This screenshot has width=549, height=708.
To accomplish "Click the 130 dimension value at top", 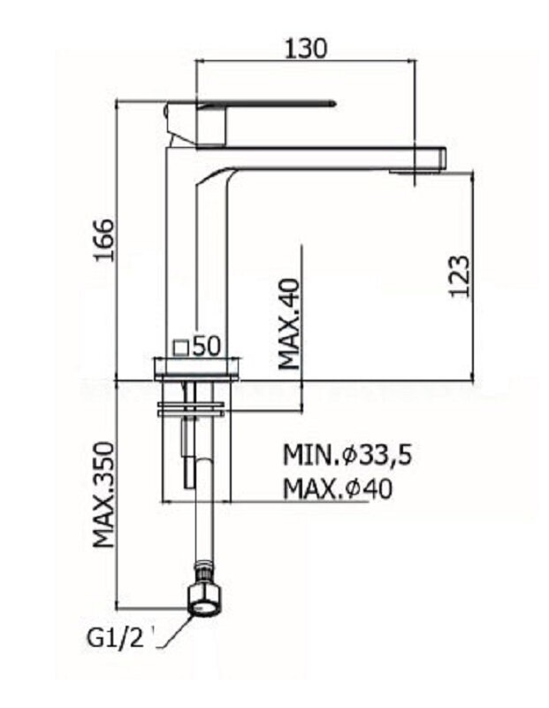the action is (x=305, y=49).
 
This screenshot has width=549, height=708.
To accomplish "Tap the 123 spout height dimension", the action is (x=460, y=276).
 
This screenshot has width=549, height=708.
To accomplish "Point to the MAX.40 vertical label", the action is (x=289, y=324).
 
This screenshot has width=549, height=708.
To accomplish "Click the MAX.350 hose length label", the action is (x=103, y=495).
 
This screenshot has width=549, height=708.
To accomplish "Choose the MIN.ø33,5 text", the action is (x=347, y=455).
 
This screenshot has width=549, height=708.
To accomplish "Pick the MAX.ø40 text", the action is (x=338, y=489).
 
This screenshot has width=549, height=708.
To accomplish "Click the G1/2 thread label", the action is (x=115, y=638).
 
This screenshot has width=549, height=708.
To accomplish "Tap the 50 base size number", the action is (x=207, y=347).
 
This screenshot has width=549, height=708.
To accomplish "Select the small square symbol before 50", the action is (x=181, y=347).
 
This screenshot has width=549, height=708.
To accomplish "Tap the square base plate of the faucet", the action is (x=196, y=368).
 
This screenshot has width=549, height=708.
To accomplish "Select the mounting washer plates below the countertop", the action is (x=190, y=408).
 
